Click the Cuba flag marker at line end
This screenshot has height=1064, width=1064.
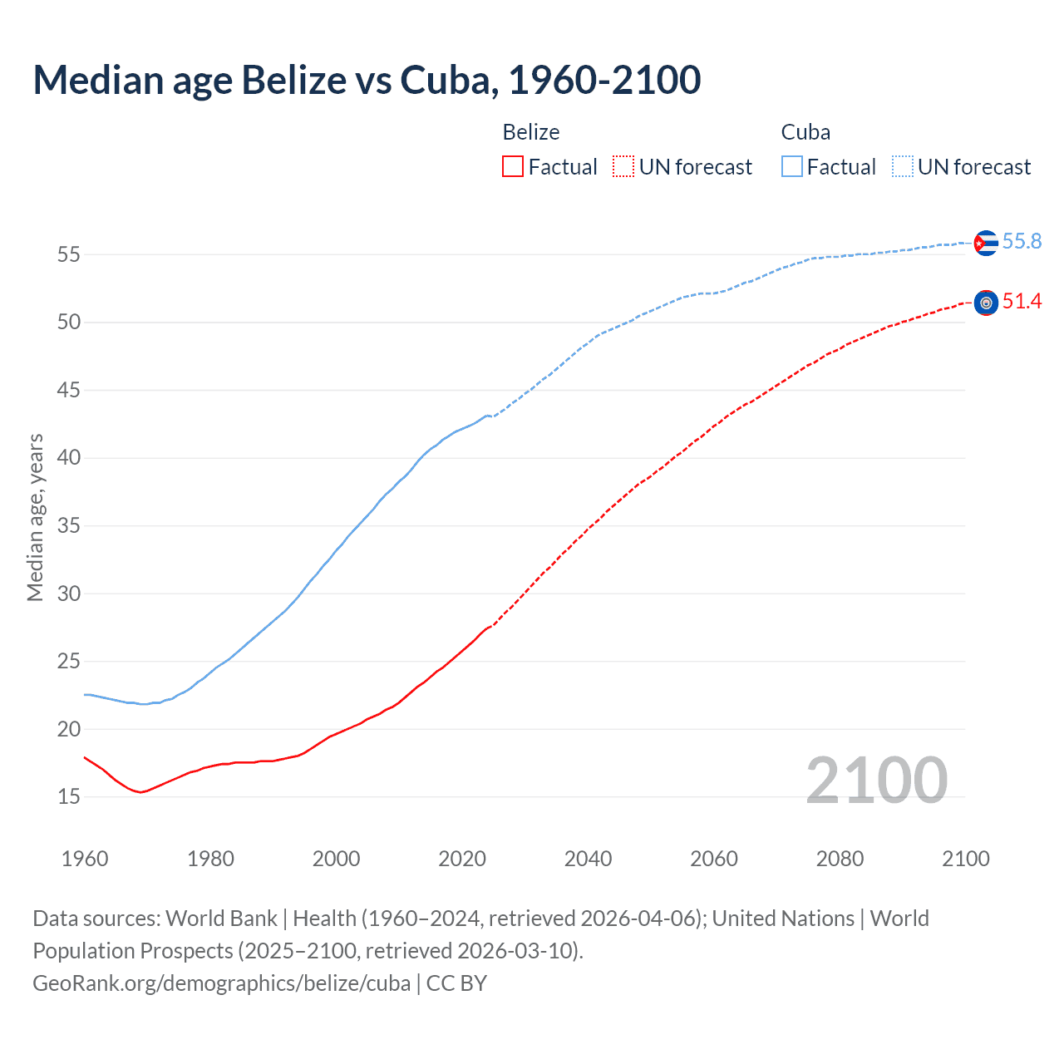[x=986, y=243]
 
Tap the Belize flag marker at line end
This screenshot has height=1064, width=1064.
[x=986, y=303]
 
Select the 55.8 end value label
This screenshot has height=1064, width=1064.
[x=1022, y=241]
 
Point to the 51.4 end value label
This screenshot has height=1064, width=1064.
[x=1022, y=301]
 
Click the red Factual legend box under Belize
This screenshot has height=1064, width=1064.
[x=513, y=167]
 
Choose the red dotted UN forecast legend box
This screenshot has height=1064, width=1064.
[x=623, y=167]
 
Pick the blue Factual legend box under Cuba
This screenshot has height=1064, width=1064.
[x=792, y=167]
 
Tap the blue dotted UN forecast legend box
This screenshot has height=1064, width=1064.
[x=903, y=167]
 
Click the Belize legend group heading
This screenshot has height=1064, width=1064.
[x=531, y=132]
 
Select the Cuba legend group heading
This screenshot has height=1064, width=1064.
[x=805, y=132]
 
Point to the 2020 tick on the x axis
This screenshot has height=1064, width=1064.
[x=462, y=859]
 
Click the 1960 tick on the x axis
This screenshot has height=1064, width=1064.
[x=85, y=859]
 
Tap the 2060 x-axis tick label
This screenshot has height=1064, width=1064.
[x=714, y=859]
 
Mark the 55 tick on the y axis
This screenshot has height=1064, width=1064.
[x=69, y=254]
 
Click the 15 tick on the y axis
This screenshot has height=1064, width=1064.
[x=69, y=797]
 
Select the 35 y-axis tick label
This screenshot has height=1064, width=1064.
[x=69, y=525]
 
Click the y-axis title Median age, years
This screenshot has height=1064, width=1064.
[x=35, y=517]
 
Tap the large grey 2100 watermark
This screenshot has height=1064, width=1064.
[x=877, y=781]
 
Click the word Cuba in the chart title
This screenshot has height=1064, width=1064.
[x=450, y=80]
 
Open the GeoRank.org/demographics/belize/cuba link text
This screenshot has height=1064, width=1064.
[x=222, y=983]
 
